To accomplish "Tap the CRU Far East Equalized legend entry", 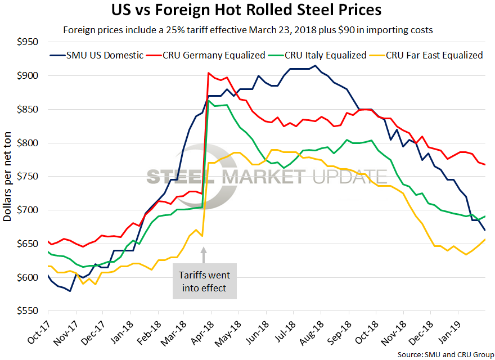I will pos(433,55).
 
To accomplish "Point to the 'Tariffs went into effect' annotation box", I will pos(205,281).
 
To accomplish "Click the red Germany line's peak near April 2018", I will pos(209,73).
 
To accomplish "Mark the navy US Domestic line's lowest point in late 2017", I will pos(70,291).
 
